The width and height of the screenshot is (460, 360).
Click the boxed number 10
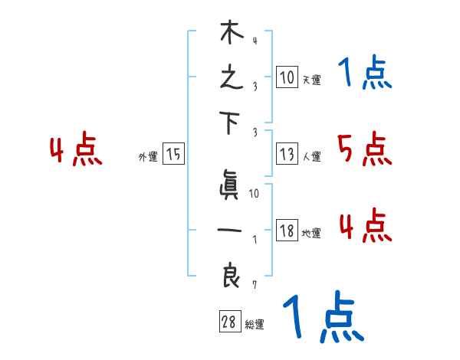(x=286, y=77)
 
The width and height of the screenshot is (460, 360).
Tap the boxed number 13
(x=286, y=154)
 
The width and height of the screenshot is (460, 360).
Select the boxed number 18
(x=286, y=231)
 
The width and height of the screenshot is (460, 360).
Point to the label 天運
(x=311, y=80)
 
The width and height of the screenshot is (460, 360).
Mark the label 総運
(x=255, y=325)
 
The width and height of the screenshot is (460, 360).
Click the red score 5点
(x=364, y=149)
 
